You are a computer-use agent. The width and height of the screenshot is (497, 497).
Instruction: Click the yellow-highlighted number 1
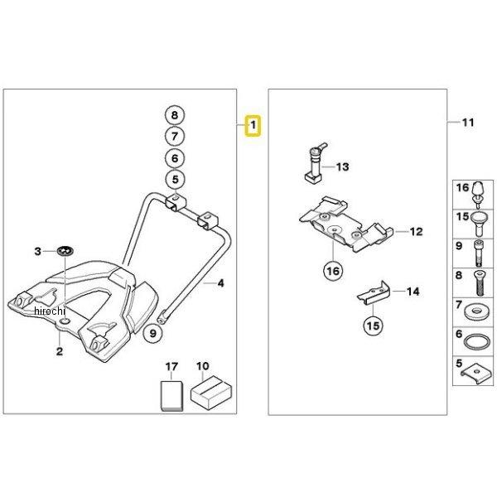(x=253, y=126)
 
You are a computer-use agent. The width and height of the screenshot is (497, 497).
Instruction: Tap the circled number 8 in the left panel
(x=175, y=115)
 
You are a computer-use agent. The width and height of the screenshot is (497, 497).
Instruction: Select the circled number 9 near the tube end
(x=152, y=334)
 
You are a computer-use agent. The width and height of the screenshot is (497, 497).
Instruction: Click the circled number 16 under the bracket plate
(x=333, y=271)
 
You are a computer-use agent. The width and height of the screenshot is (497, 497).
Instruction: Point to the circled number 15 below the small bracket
(x=373, y=326)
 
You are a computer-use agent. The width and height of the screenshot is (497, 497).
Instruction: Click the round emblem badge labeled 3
(x=65, y=251)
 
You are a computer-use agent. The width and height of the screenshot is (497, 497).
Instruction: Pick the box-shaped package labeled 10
(x=210, y=393)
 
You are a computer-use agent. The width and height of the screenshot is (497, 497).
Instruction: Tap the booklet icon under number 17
(x=171, y=396)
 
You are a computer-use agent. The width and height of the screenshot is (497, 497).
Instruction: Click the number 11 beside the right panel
(x=468, y=123)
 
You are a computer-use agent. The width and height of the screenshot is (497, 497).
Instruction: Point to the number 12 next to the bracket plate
(x=416, y=232)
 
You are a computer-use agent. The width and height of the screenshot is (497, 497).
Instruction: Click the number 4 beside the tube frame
(x=220, y=283)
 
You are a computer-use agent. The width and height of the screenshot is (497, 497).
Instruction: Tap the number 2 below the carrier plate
(x=60, y=351)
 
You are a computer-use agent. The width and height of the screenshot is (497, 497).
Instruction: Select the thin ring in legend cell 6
(x=476, y=341)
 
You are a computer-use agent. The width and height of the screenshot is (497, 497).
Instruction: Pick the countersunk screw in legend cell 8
(x=479, y=283)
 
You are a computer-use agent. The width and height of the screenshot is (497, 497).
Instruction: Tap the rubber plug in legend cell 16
(x=478, y=195)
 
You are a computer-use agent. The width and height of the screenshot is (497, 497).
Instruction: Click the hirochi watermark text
(x=49, y=311)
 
